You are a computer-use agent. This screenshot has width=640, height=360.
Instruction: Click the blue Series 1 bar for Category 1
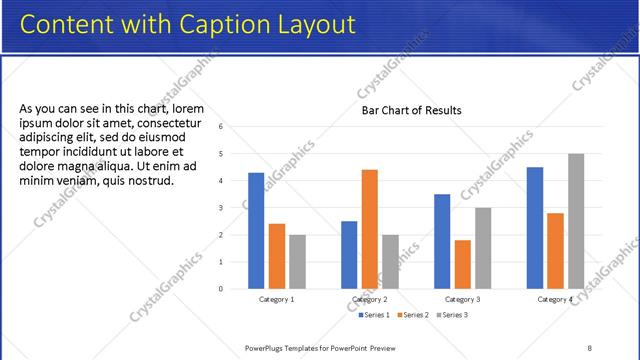(256, 231)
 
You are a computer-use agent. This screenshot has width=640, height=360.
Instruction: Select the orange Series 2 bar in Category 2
(370, 229)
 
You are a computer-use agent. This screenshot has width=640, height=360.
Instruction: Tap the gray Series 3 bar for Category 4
(576, 221)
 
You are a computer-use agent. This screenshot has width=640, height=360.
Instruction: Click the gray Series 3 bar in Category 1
(298, 262)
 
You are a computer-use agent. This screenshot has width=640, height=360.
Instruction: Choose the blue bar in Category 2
(349, 255)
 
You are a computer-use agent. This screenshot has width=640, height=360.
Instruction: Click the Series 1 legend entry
(374, 315)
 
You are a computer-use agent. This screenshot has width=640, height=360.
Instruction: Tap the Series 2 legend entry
(413, 315)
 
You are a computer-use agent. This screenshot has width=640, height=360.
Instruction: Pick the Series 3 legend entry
(452, 315)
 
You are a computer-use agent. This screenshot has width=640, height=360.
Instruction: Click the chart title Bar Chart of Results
(411, 111)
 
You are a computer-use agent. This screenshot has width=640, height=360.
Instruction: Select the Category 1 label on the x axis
(277, 299)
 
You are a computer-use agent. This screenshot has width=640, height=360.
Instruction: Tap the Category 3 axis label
(462, 299)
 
